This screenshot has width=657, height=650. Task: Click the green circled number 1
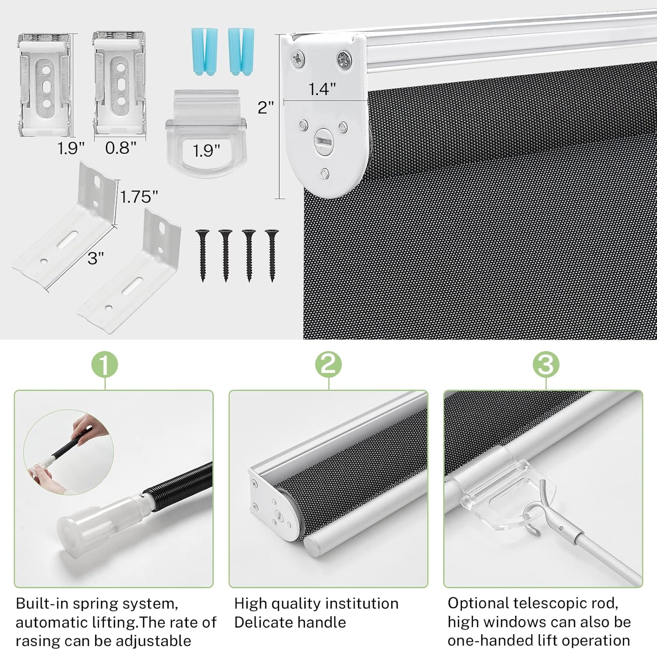105,364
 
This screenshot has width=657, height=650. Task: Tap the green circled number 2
328,364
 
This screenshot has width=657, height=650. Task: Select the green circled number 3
546,364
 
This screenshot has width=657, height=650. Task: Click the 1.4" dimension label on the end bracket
322,89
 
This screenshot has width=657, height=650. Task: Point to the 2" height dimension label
265,107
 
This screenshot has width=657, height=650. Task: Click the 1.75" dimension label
139,197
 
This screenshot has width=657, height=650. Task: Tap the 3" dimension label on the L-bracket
95,258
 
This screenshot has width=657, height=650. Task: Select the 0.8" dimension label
120,148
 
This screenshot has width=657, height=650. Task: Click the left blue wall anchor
204,51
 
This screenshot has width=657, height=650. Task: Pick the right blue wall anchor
240,51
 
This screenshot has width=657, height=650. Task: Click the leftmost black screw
202,255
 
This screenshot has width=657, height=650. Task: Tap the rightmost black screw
272,255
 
